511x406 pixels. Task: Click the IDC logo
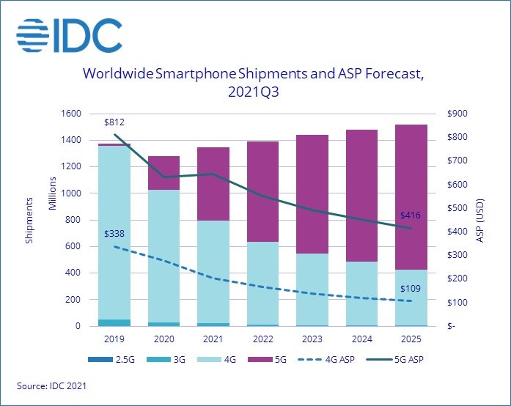pyautogui.click(x=69, y=34)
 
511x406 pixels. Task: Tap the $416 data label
pyautogui.click(x=411, y=216)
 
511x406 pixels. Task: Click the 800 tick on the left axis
pyautogui.click(x=76, y=220)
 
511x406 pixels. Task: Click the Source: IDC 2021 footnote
pyautogui.click(x=50, y=385)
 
